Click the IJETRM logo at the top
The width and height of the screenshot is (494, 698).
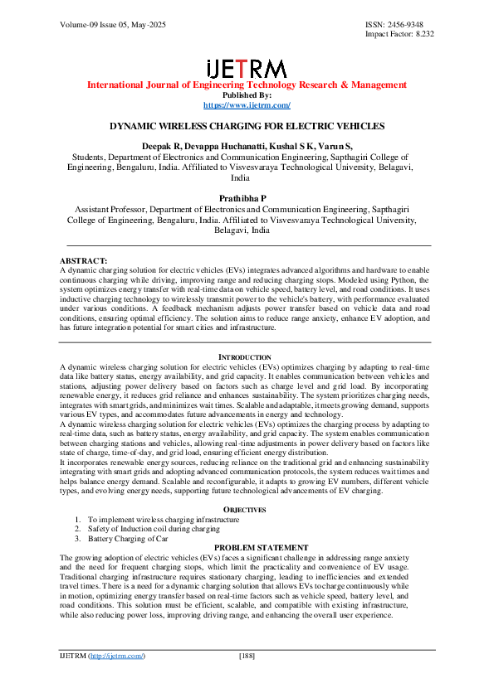pos(247,68)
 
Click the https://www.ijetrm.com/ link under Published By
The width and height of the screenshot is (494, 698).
pos(247,105)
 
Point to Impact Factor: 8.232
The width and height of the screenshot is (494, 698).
pos(399,35)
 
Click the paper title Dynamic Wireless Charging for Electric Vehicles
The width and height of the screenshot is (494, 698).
pos(247,126)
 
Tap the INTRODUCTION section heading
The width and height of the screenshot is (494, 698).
pos(247,356)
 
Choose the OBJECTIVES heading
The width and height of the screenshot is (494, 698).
pos(247,510)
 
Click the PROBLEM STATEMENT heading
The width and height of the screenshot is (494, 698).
pos(247,548)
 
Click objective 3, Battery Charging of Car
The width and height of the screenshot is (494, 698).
pos(125,538)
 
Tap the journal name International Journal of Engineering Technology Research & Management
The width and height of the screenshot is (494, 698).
pos(247,85)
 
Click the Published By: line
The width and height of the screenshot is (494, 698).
pos(247,95)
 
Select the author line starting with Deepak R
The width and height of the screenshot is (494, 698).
pos(247,146)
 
